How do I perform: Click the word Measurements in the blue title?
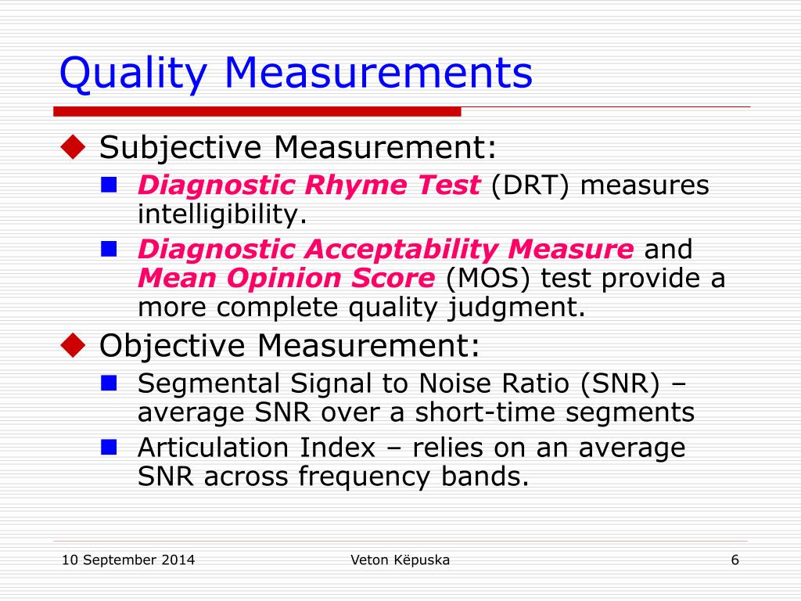pos(379,72)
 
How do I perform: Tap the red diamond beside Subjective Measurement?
pos(73,146)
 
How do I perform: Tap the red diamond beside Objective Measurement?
pos(73,344)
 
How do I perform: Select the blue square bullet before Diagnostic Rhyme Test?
pos(109,185)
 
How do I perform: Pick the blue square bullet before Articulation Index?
pos(109,447)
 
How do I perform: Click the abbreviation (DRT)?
pos(530,185)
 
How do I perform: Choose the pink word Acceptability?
pos(400,250)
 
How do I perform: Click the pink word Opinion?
pos(283,279)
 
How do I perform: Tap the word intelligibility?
pos(222,214)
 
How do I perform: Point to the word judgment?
pos(516,308)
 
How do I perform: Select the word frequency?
pos(364,477)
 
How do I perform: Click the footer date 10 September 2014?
pos(128,560)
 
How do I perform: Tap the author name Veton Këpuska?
pos(400,560)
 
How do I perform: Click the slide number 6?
pos(735,560)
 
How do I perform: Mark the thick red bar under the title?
pos(257,111)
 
